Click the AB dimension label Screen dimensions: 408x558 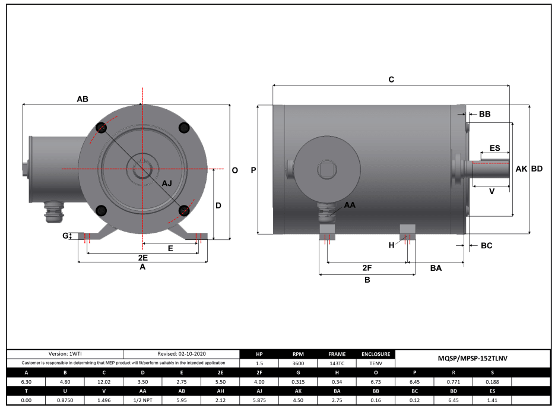click(x=83, y=99)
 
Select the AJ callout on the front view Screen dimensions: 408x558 click(x=167, y=183)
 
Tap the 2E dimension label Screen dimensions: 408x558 click(x=142, y=258)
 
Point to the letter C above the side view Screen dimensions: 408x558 click(x=391, y=80)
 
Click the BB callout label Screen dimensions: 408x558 click(x=484, y=114)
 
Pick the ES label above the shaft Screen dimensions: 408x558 click(x=494, y=148)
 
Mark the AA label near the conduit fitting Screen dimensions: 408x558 click(x=350, y=205)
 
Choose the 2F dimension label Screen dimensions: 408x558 click(x=367, y=268)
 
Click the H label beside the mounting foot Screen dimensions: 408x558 click(x=391, y=245)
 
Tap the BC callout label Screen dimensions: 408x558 click(x=486, y=245)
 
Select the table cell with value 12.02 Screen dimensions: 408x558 click(x=104, y=382)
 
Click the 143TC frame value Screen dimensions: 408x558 click(x=337, y=362)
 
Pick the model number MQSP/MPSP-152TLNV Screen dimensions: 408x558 click(x=472, y=358)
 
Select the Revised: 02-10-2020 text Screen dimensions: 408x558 click(x=181, y=353)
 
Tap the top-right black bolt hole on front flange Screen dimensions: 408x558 click(x=183, y=128)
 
